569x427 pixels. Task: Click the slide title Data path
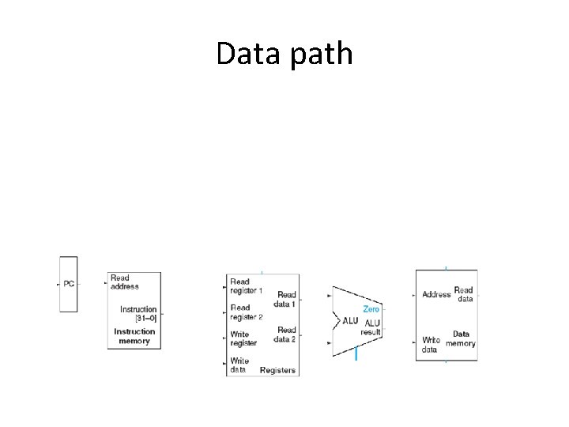pos(284,54)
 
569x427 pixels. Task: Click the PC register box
pos(69,284)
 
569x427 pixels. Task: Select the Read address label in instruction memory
pos(124,282)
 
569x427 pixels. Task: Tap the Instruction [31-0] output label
pos(138,313)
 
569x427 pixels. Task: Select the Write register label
pos(243,338)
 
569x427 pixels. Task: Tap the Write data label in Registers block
pos(239,365)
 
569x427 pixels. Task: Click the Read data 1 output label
pos(285,299)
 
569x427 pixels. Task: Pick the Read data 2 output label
pos(285,334)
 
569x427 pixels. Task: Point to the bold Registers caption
pos(277,370)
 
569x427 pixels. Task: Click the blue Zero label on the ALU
pos(371,309)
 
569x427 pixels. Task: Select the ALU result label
pos(371,327)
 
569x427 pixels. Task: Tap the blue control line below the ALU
pos(356,355)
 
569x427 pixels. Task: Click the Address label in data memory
pos(436,294)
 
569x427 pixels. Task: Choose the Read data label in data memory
pos(464,294)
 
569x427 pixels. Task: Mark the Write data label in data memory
pos(431,344)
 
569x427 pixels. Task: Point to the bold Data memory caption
pos(461,338)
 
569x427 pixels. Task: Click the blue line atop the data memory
pos(447,269)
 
